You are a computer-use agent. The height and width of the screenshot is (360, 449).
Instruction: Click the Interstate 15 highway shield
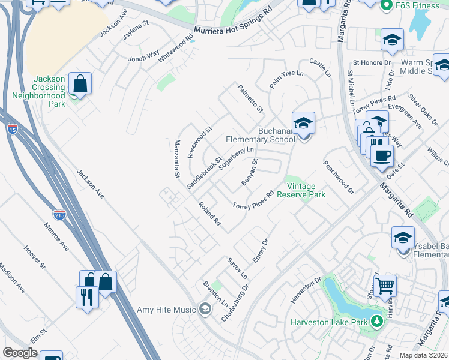coord(13,128)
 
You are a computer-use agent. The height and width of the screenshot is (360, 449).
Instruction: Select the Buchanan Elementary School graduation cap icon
coord(304,124)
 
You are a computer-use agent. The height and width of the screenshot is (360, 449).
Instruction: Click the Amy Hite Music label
coord(167,310)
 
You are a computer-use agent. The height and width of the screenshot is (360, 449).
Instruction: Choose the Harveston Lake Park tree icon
coord(377,322)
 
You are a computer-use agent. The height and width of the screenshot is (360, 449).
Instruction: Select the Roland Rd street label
coord(211,214)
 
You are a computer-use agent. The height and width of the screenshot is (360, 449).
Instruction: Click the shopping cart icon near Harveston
coord(385,286)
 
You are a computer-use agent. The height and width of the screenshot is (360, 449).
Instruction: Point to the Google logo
coord(20,353)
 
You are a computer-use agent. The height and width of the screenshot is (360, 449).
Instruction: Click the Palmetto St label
coord(250,99)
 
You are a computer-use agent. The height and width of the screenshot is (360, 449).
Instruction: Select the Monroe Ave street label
coord(56,237)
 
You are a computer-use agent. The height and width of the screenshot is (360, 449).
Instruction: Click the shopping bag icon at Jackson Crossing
coord(80,84)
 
